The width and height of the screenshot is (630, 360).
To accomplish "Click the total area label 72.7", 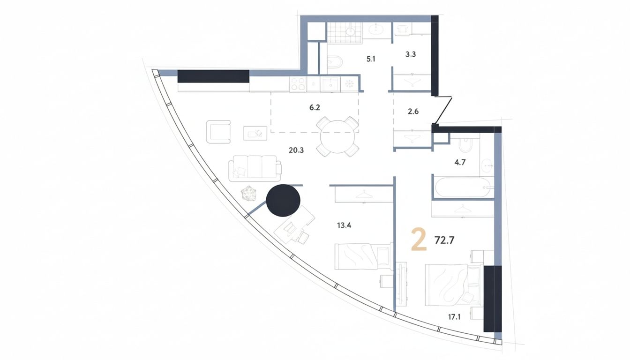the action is coord(444,240).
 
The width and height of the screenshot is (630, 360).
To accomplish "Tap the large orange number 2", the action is coord(419,240).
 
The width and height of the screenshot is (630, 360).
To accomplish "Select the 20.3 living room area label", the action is coord(296,150).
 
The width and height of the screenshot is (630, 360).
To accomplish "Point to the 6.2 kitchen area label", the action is coord(315,108).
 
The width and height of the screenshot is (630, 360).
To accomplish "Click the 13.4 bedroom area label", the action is coord(344,225).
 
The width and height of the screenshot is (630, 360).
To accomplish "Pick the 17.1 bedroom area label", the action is coord(454,317).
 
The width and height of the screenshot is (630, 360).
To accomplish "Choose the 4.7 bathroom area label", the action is coord(460,162).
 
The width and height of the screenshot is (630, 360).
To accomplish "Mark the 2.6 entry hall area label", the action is coord(413,112).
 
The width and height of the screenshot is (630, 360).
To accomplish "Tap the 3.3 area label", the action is coord(411,54).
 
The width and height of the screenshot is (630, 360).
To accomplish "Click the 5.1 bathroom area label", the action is coord(371,59).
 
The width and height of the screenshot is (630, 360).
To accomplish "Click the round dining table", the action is coord(337,136).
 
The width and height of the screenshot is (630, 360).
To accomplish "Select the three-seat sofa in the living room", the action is coord(255,168).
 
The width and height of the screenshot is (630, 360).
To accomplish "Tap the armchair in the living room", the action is coord(218,131).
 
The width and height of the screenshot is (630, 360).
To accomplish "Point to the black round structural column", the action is coord(283,200).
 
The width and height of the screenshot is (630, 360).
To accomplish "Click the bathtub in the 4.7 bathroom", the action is coord(463,187).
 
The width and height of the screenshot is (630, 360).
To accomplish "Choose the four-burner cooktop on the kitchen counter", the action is coord(298,84).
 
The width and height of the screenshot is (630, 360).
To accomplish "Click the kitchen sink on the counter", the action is coord(330,84).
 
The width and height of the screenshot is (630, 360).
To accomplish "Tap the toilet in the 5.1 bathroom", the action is coord(335,62).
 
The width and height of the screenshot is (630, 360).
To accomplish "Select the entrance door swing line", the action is coord(443,111).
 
